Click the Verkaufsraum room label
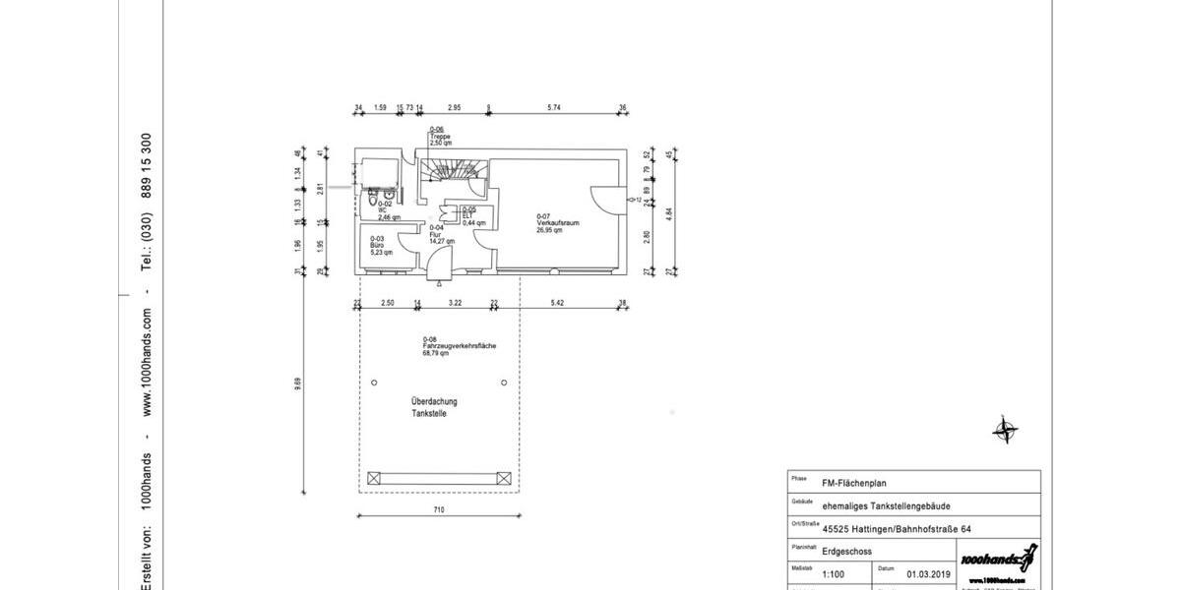(557, 223)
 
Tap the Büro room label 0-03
(379, 246)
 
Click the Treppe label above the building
(439, 137)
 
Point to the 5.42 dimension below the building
(558, 303)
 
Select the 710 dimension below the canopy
(439, 509)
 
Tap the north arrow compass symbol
(1005, 430)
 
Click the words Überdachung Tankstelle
(434, 408)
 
